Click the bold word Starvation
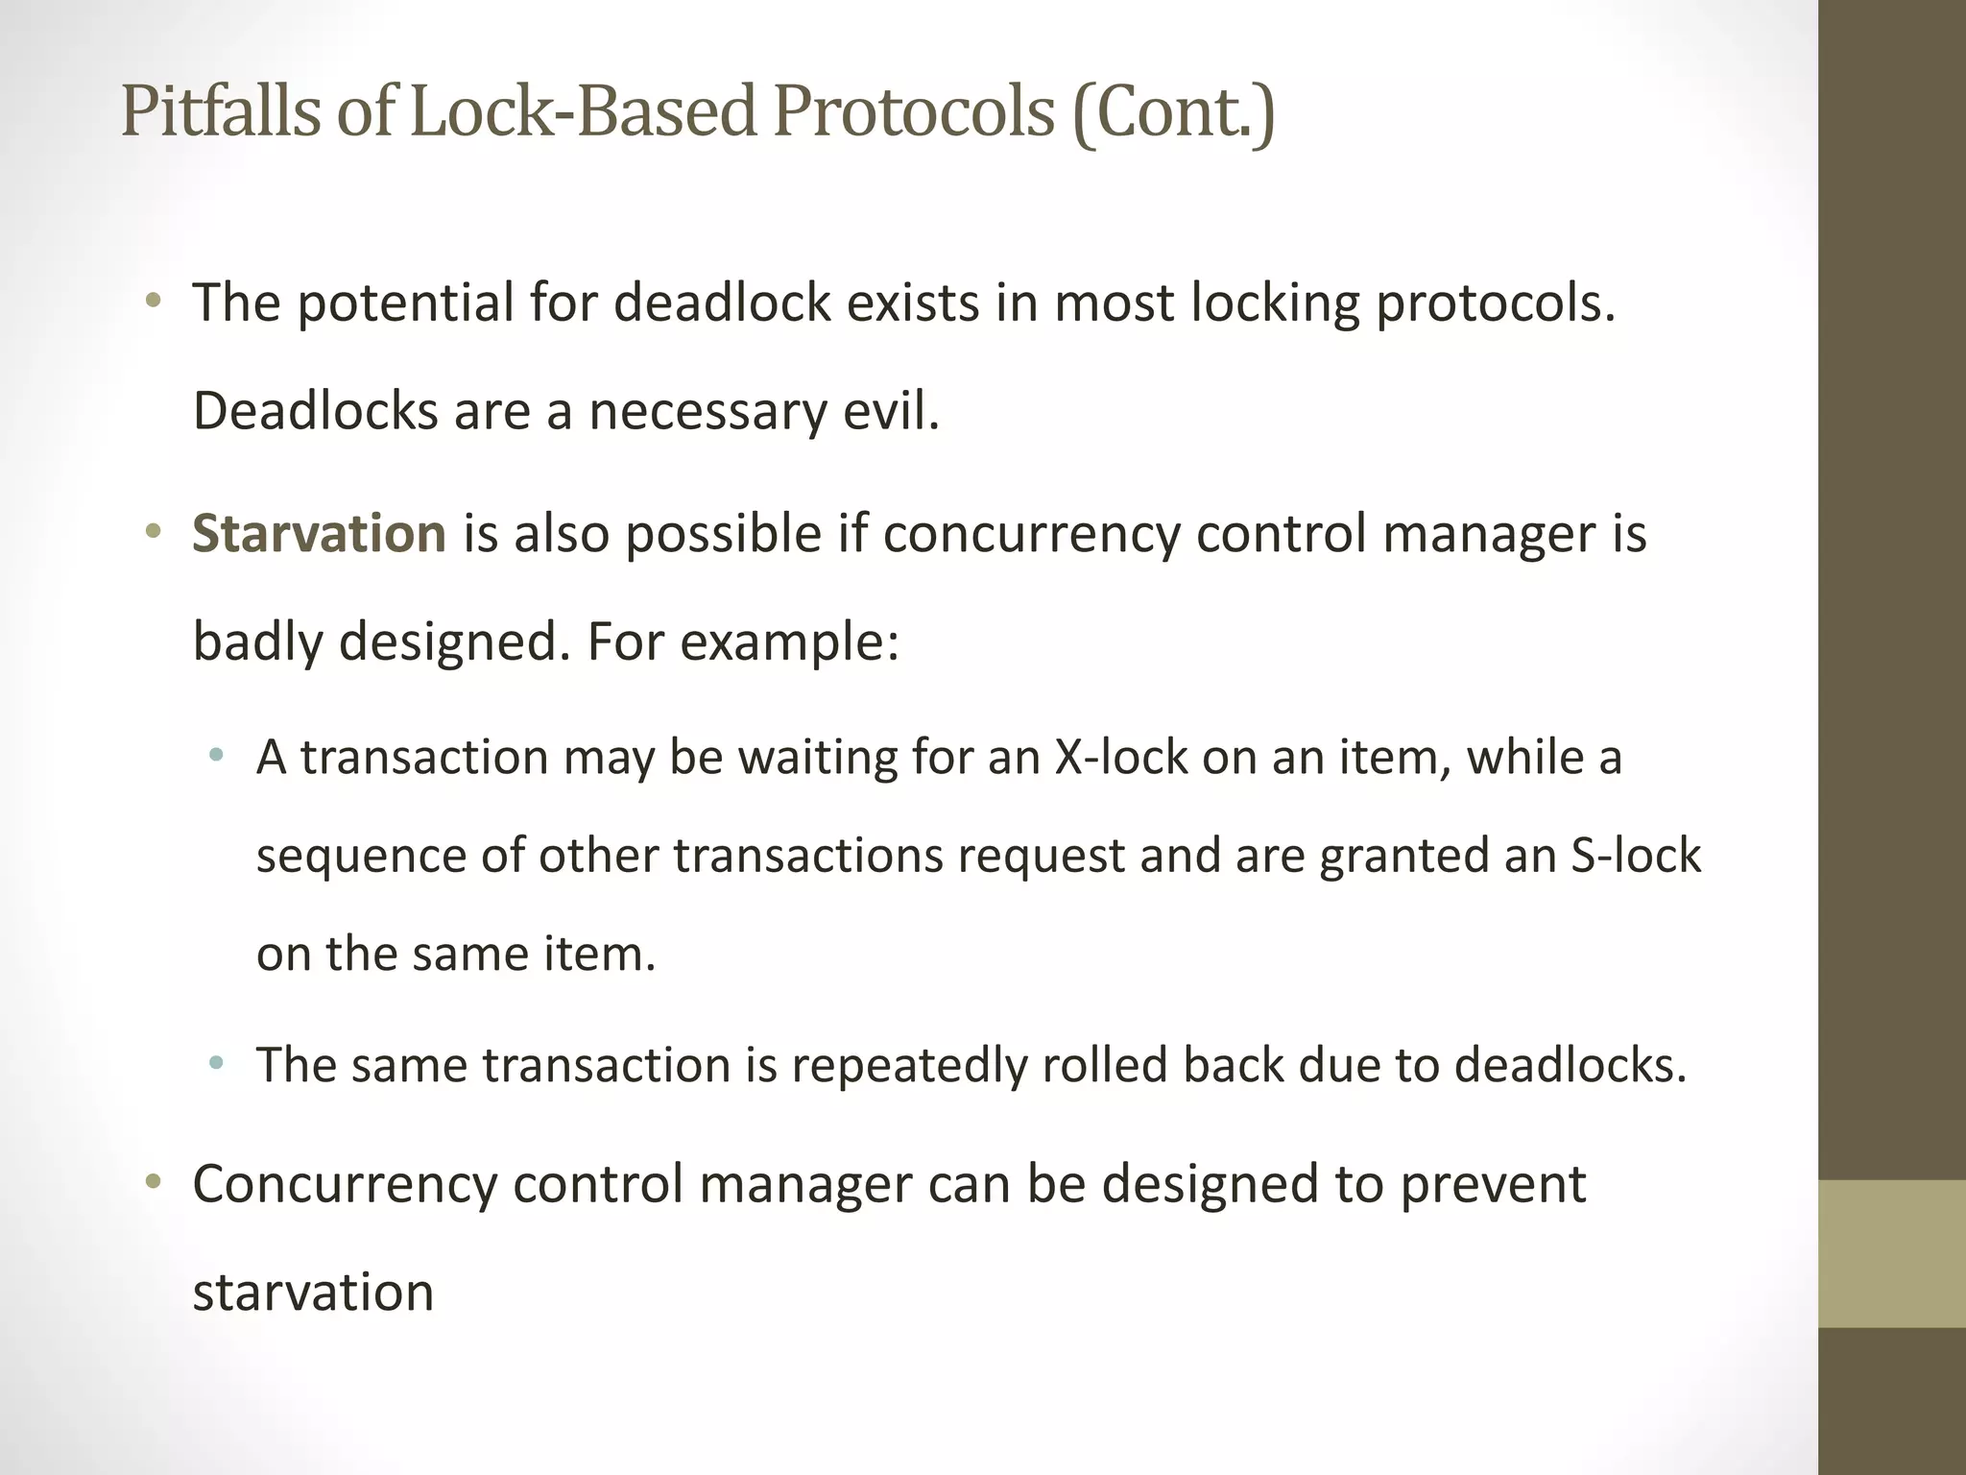point(319,534)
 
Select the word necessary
point(707,413)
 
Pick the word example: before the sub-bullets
point(789,642)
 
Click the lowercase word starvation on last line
point(313,1293)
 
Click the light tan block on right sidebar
point(1891,1253)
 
